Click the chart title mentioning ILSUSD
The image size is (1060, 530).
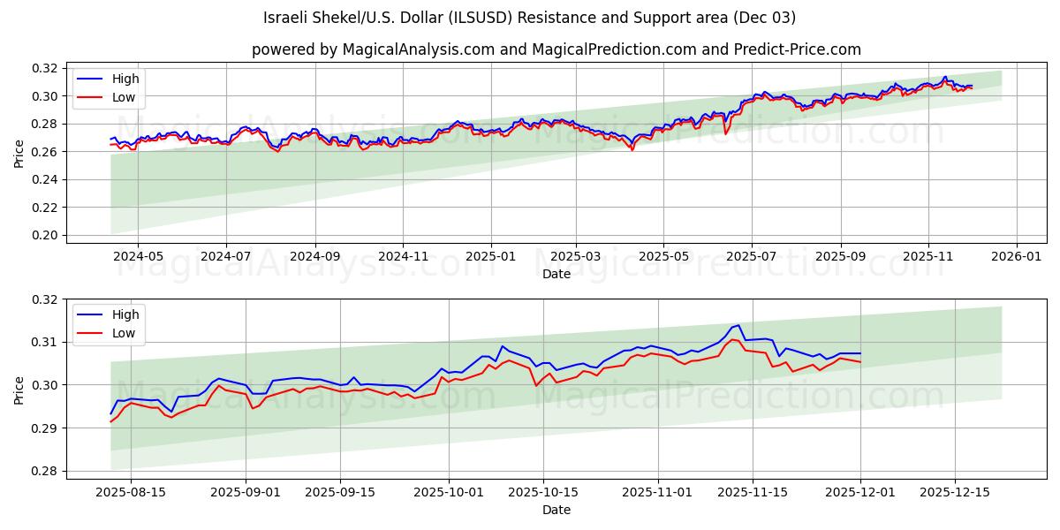pyautogui.click(x=529, y=18)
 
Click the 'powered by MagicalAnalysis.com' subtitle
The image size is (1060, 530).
pyautogui.click(x=556, y=49)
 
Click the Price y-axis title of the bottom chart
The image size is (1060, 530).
pyautogui.click(x=19, y=389)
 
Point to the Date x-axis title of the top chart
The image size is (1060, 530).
pyautogui.click(x=556, y=274)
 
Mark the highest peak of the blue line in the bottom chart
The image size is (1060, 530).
pyautogui.click(x=738, y=325)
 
